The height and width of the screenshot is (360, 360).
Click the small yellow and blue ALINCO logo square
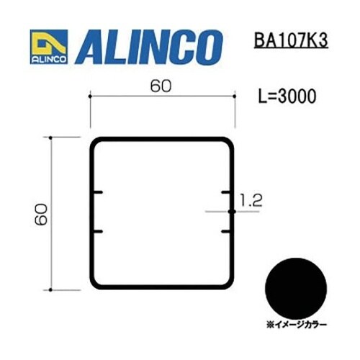49,47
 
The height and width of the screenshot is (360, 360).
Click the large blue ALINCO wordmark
149,48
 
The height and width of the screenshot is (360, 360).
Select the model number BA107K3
291,40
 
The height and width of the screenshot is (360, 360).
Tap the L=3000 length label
287,96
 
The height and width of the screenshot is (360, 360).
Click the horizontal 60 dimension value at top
161,86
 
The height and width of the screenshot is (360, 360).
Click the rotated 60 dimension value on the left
41,215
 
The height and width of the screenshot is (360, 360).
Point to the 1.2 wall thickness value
251,201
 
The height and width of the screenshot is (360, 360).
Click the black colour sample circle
296,289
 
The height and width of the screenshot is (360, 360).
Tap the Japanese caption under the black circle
297,325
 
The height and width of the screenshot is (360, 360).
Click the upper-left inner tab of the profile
97,192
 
